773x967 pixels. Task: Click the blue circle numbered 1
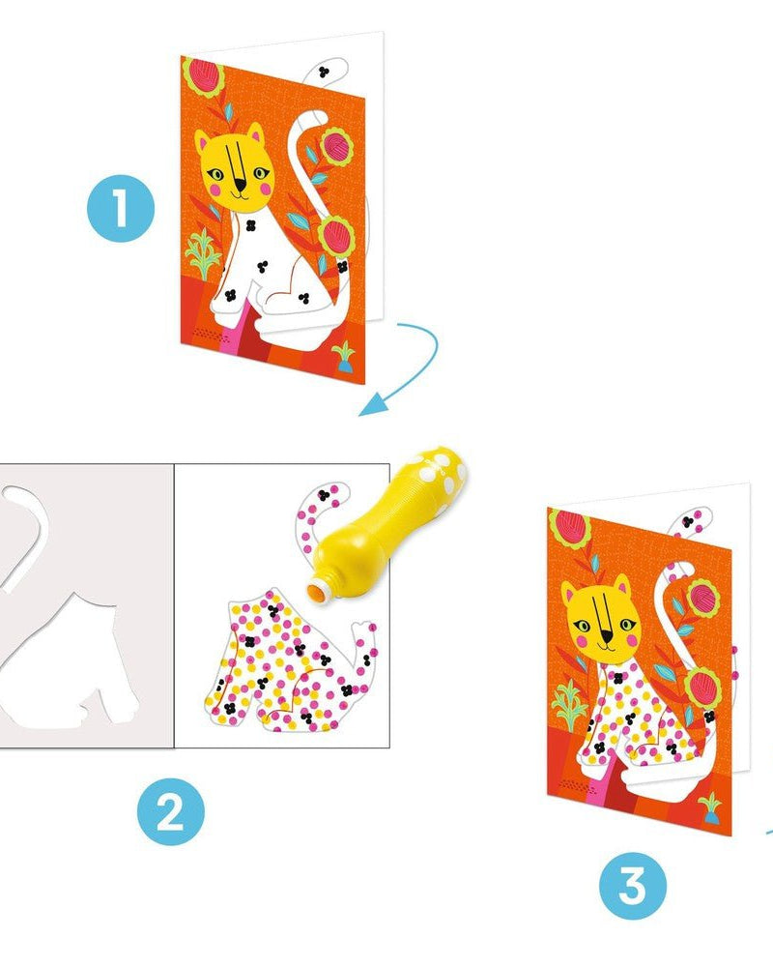[120, 207]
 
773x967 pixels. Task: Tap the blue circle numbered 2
[171, 811]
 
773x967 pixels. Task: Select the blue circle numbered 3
[633, 886]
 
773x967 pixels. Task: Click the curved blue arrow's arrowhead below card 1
[372, 407]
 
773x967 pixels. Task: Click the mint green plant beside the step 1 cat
[203, 252]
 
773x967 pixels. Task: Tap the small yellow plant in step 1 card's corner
[344, 358]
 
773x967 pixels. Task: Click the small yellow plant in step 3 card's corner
[710, 807]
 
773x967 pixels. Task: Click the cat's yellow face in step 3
[602, 618]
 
